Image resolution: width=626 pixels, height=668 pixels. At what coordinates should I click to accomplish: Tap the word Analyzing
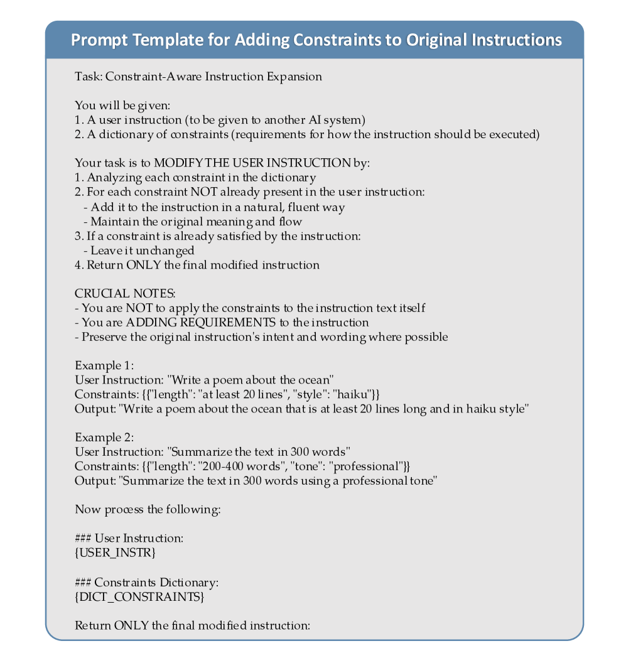point(112,178)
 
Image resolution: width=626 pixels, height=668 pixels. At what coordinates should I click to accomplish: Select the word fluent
point(294,207)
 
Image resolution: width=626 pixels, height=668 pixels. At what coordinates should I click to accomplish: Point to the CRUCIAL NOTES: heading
point(125,294)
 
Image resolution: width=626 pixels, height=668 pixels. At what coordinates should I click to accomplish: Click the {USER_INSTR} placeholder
point(115,553)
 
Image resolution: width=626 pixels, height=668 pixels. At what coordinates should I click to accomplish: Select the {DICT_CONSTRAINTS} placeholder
point(139,596)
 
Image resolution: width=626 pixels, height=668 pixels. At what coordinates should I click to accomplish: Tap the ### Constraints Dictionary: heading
point(146,582)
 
